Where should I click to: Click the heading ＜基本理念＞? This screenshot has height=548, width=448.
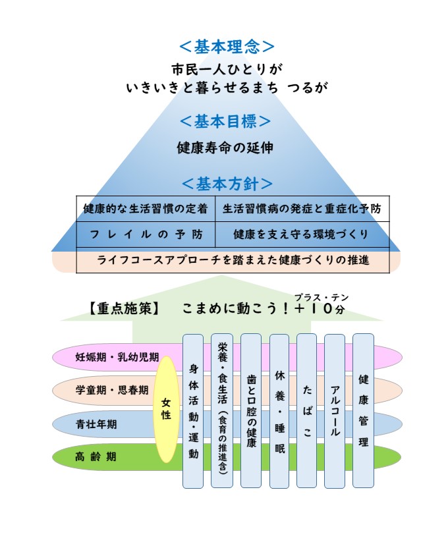point(227,47)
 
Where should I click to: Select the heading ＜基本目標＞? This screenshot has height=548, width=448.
point(226,122)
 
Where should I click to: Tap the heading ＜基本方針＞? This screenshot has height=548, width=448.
point(227,184)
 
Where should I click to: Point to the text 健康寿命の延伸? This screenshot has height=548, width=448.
point(225,148)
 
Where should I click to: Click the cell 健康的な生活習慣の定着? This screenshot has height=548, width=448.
point(146,209)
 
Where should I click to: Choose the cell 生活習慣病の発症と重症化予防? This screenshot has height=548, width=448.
point(302,209)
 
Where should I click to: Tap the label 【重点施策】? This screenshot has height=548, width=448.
point(122,308)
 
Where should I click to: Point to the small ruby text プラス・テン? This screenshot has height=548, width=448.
point(322,297)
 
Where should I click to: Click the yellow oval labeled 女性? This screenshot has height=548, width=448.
point(166,409)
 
